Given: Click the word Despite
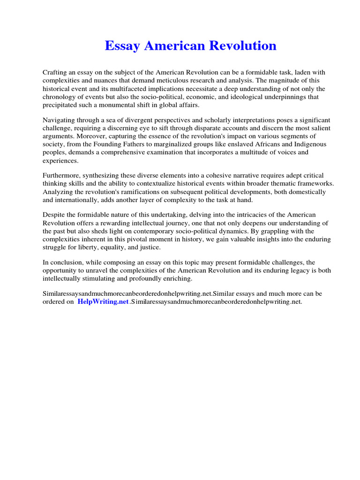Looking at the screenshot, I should pyautogui.click(x=54, y=215).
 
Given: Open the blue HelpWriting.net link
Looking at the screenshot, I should pyautogui.click(x=103, y=302).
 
